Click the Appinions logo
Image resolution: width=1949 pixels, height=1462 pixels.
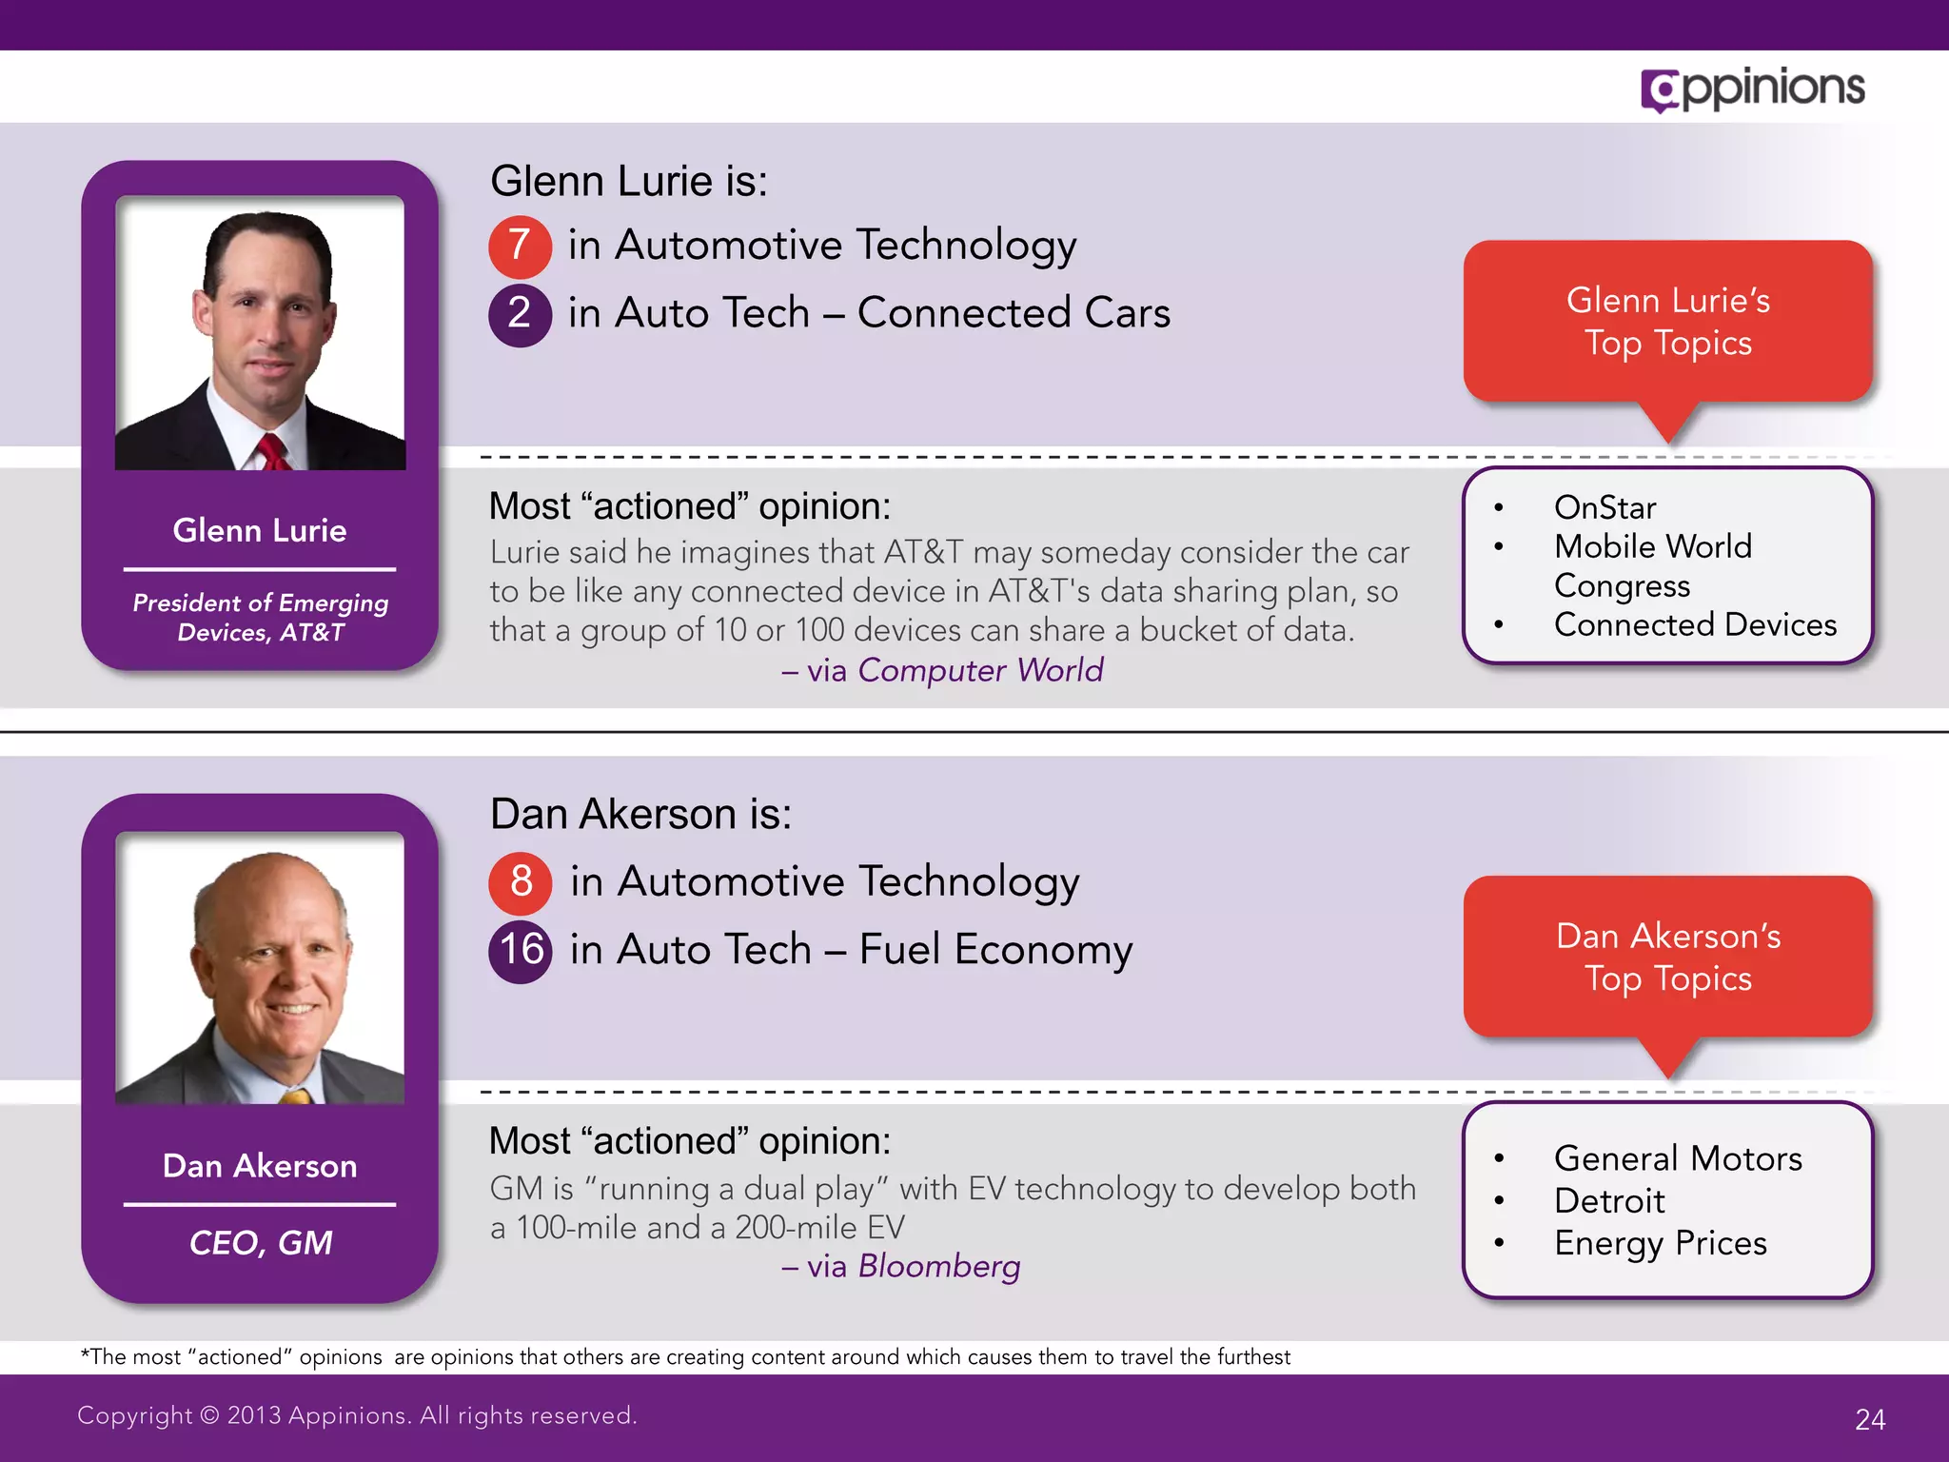1752,89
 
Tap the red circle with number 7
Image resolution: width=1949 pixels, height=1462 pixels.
520,246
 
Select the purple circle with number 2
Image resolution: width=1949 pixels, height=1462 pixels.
520,314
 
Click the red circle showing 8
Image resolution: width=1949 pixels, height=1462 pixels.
521,881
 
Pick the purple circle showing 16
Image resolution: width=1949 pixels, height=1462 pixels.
521,950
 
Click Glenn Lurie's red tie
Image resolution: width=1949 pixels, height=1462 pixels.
273,452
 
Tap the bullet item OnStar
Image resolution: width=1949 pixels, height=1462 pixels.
1604,507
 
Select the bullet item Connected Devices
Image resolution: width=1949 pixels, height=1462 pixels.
1695,624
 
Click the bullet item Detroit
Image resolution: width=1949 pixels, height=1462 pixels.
1609,1201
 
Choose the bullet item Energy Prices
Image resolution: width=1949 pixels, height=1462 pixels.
1660,1243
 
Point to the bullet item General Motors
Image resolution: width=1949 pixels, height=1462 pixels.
1678,1158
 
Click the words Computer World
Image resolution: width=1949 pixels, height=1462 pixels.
980,670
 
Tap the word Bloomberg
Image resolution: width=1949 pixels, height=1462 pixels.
938,1266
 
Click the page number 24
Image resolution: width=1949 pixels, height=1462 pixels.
1870,1419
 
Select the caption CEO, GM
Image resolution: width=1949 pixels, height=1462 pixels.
261,1243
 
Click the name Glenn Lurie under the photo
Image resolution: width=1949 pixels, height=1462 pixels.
260,530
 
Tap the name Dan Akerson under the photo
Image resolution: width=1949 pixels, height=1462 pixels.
260,1166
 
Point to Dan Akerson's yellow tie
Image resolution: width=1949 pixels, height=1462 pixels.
297,1096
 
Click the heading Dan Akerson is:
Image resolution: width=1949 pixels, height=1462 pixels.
640,815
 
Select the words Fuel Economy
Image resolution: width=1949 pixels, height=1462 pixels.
995,950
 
